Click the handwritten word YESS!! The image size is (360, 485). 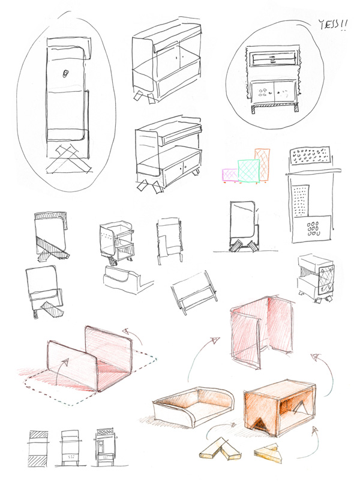(x=333, y=24)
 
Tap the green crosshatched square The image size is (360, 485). (x=248, y=170)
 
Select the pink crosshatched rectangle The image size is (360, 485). (x=230, y=175)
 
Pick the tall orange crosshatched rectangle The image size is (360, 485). (x=263, y=164)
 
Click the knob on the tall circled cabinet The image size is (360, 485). (x=65, y=74)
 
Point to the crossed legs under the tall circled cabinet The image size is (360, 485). (x=69, y=160)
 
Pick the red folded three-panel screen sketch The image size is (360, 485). (x=262, y=332)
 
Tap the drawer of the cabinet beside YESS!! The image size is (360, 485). (x=272, y=59)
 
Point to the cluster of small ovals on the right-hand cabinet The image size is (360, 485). (x=313, y=229)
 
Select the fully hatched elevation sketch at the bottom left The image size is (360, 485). (x=38, y=448)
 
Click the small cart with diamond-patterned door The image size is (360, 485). (x=316, y=279)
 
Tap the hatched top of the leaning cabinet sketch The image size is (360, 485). (x=51, y=215)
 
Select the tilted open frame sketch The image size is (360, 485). (x=194, y=292)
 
